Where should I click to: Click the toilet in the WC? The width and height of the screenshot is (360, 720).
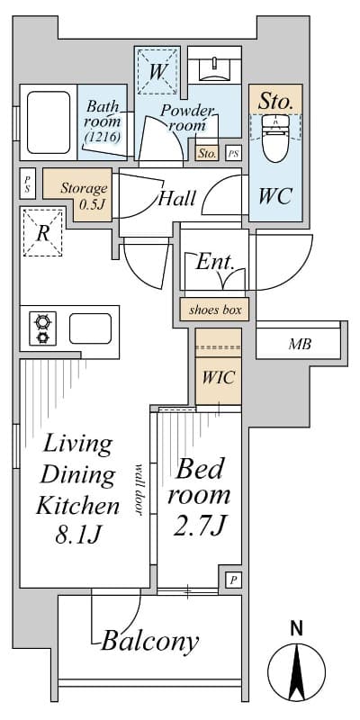275,139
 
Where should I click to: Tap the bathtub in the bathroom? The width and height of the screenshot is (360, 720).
49,122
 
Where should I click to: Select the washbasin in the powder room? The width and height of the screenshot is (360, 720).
215,70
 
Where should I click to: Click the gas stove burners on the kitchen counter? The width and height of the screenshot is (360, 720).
42,328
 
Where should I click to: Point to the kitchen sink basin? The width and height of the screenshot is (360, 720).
90,328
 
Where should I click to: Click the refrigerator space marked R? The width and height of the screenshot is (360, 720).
42,232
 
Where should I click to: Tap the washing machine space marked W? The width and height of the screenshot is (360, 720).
157,71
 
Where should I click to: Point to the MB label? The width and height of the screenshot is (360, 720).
300,345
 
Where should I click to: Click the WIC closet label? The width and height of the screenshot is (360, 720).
219,378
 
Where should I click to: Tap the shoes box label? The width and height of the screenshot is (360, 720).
215,310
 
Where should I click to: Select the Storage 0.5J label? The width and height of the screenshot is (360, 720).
84,195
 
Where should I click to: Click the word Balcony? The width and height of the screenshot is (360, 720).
150,642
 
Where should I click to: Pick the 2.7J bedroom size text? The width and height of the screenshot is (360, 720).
200,526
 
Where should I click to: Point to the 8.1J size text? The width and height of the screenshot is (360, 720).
78,535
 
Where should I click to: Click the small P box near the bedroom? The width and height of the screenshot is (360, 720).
233,580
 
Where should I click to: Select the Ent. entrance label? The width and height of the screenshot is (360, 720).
215,263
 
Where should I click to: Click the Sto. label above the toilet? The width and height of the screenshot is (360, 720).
275,101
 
